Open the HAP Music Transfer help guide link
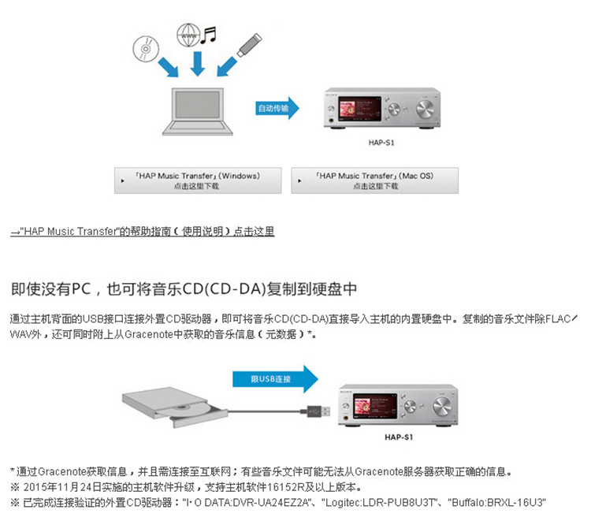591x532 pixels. pyautogui.click(x=142, y=232)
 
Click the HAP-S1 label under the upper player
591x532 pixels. pyautogui.click(x=381, y=143)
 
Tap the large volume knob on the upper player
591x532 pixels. pyautogui.click(x=426, y=108)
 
